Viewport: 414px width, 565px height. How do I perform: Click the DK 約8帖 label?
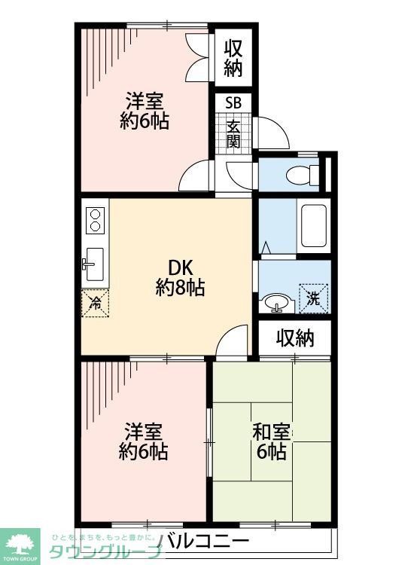181,276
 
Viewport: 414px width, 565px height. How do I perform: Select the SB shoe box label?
233,103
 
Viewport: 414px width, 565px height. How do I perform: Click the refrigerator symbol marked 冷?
96,303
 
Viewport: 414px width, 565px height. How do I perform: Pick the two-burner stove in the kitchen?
96,220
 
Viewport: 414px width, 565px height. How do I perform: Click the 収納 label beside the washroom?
294,338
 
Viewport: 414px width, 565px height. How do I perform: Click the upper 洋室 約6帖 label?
143,111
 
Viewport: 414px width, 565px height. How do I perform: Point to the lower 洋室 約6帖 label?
143,442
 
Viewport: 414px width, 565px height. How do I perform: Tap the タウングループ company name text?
105,551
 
